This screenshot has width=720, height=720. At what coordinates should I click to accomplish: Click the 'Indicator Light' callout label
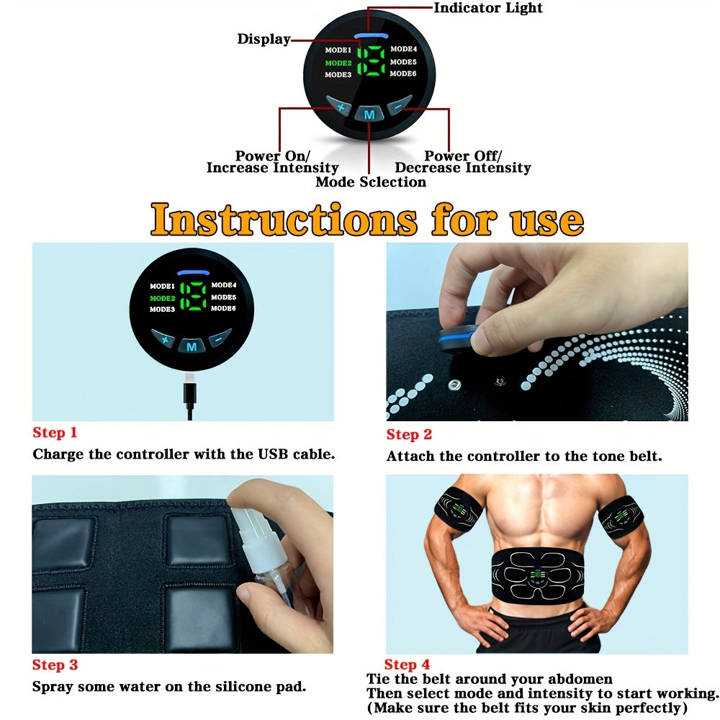click(x=487, y=9)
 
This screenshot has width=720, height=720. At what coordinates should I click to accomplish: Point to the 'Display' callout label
click(x=264, y=40)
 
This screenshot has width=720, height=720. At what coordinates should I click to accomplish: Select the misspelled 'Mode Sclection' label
click(x=370, y=182)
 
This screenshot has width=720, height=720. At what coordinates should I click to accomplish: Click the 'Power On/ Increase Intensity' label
click(x=272, y=162)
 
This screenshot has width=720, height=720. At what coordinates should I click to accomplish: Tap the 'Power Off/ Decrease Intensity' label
click(x=462, y=162)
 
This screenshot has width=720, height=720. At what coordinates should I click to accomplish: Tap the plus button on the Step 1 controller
click(x=163, y=339)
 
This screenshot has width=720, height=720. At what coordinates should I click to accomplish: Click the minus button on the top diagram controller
click(x=398, y=107)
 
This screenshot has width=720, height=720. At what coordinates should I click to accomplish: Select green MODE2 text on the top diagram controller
click(x=338, y=63)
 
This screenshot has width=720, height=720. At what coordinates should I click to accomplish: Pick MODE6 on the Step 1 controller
click(x=223, y=308)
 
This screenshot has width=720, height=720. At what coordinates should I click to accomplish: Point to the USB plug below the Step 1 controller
click(x=190, y=394)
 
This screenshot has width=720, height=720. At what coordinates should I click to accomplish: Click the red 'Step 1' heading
click(x=54, y=433)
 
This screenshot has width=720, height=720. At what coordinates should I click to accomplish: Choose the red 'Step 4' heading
click(x=407, y=665)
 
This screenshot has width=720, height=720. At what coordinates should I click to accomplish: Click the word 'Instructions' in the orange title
click(x=284, y=219)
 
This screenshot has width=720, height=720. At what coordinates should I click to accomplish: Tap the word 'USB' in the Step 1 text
click(x=274, y=454)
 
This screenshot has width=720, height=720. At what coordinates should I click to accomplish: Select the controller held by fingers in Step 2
click(x=454, y=338)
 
